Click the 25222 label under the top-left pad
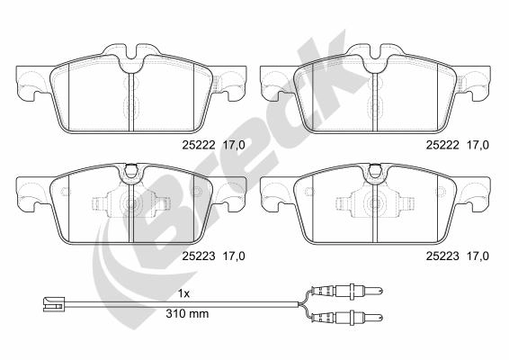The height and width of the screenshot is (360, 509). pos(199,145)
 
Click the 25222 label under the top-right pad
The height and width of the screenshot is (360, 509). pos(442,145)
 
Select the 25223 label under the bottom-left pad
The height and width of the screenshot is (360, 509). pos(199,256)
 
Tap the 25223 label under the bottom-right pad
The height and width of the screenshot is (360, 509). pos(442,256)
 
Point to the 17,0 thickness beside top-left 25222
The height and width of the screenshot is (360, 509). pos(234,145)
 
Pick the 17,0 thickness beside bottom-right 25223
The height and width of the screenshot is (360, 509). pos(478,256)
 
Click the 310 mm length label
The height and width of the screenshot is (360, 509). pos(187,313)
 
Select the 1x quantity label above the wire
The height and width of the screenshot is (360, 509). pos(183,294)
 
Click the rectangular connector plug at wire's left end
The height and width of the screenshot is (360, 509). pos(54,304)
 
